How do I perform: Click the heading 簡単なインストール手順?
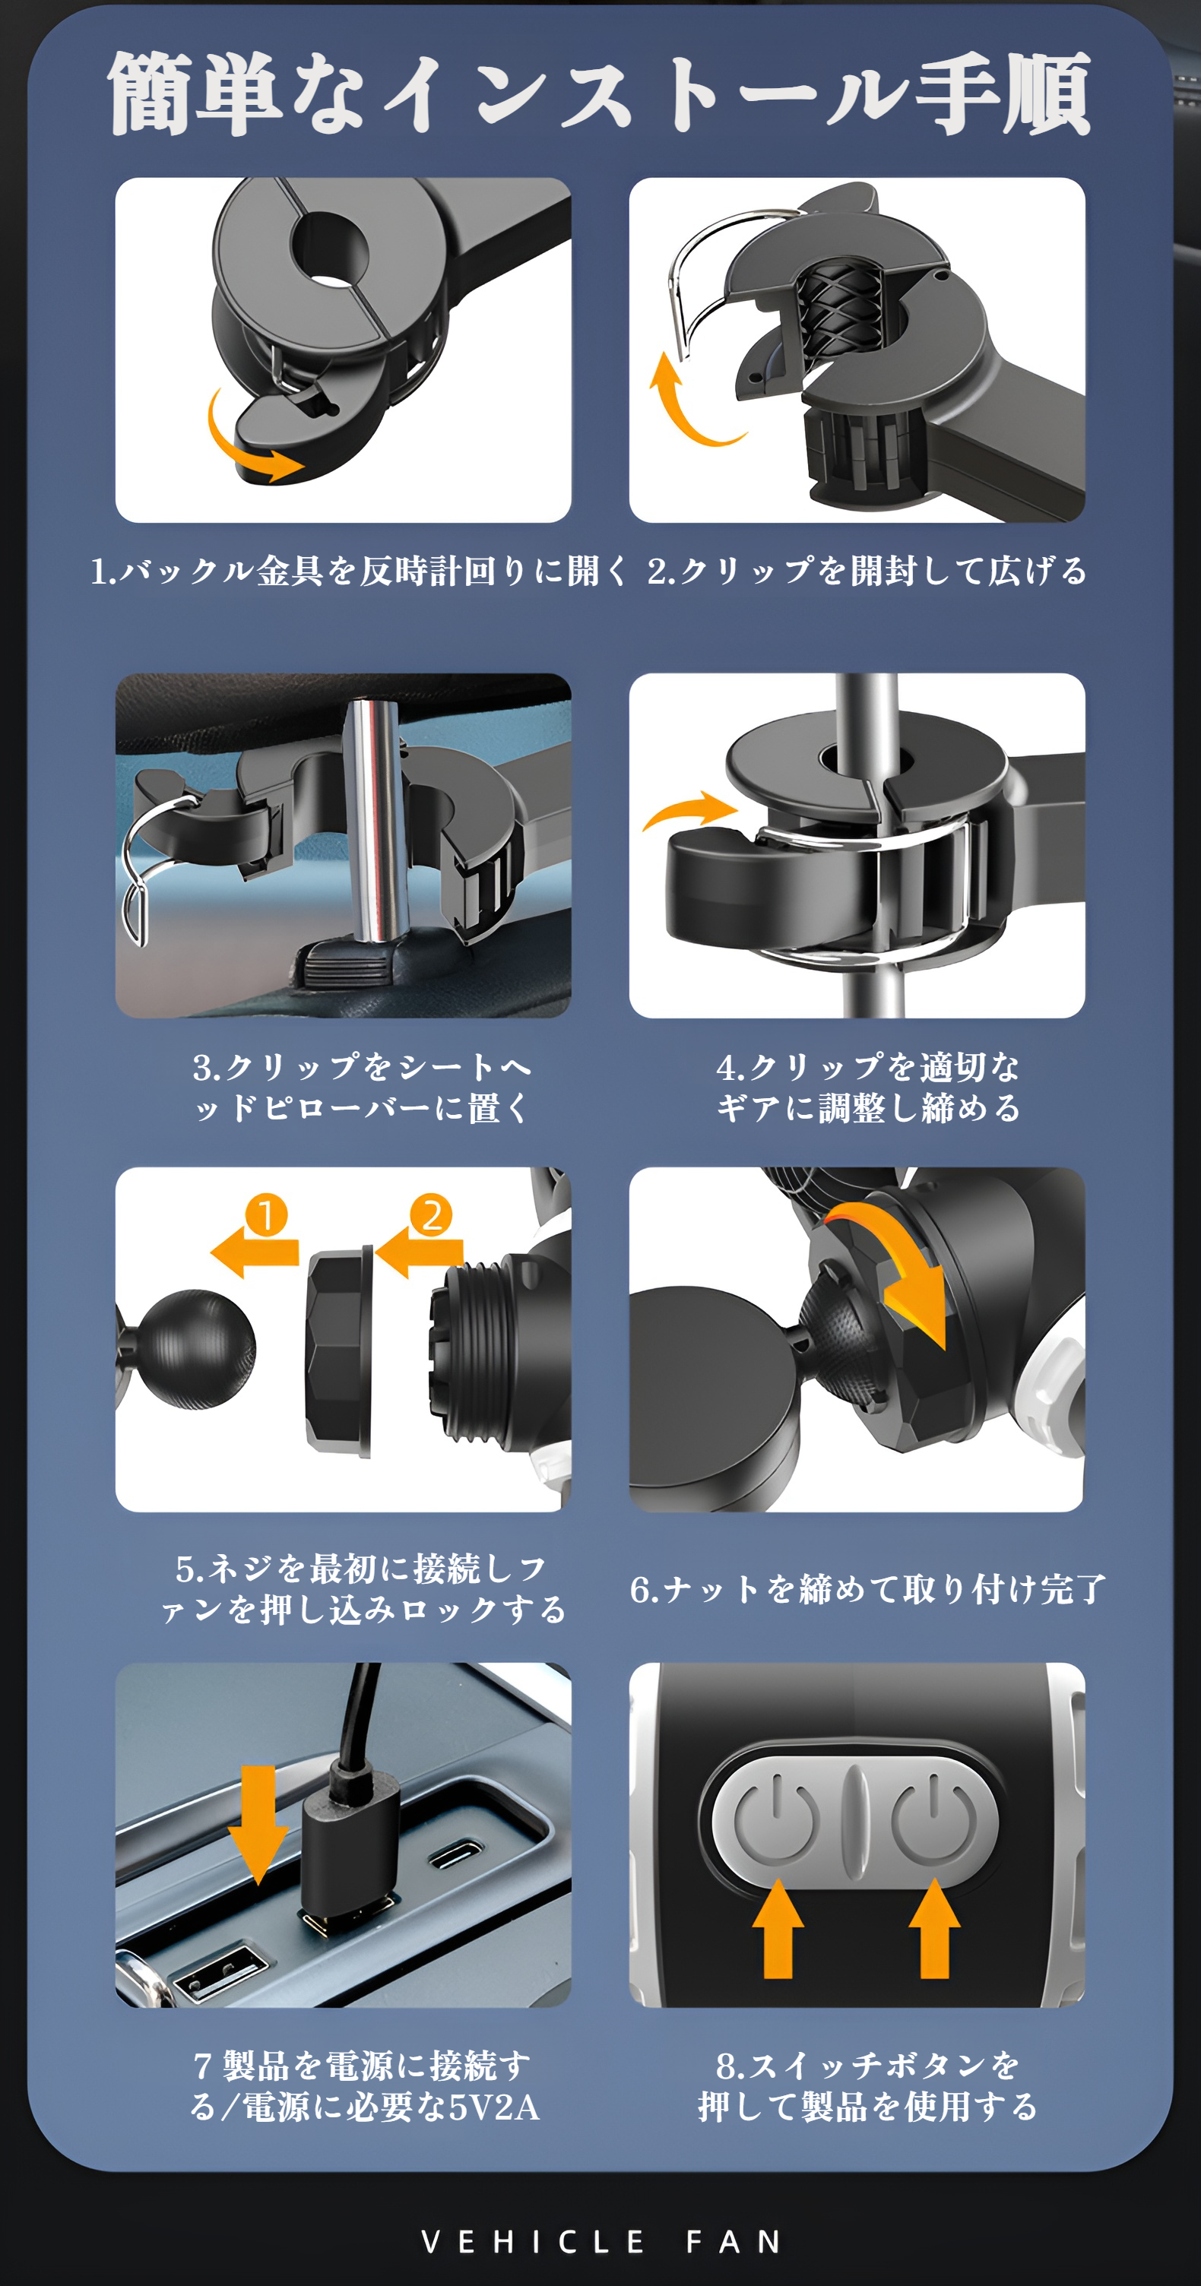coord(599,93)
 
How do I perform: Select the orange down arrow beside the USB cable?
coord(258,1824)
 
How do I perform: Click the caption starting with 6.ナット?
coord(867,1588)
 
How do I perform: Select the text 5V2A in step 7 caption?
coord(493,2107)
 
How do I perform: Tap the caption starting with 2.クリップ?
coord(867,571)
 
